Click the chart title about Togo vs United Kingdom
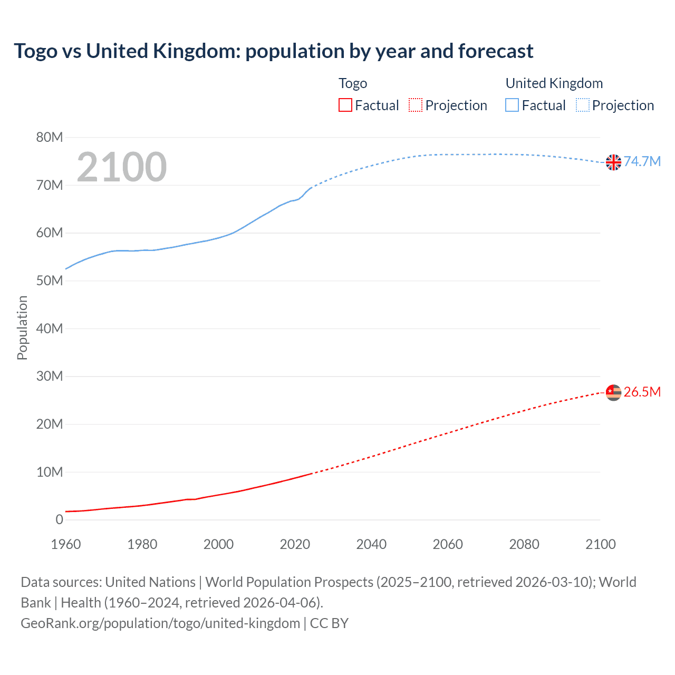(x=273, y=51)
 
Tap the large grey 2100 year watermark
(x=122, y=167)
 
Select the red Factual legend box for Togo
(x=345, y=105)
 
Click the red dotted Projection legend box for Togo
(x=416, y=105)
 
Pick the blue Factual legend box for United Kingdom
(x=512, y=105)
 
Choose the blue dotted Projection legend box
(x=582, y=105)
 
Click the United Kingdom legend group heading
(x=554, y=83)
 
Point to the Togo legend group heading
(x=353, y=83)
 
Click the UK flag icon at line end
(x=613, y=162)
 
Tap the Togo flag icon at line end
(x=613, y=393)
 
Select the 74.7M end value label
(x=642, y=161)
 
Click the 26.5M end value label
(x=642, y=392)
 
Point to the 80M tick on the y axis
(x=50, y=138)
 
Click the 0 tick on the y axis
(x=59, y=519)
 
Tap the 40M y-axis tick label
(x=50, y=329)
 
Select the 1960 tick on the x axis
(x=66, y=544)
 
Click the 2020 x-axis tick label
(x=295, y=544)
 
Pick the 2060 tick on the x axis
(x=448, y=544)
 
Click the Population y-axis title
(x=22, y=327)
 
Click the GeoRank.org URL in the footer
(x=160, y=623)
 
